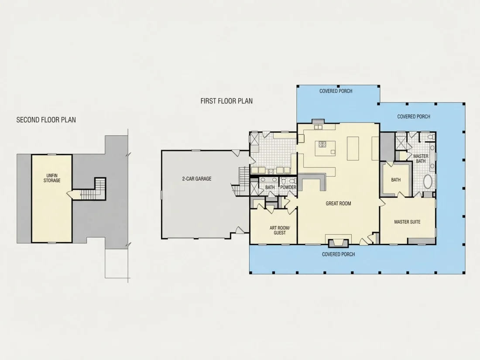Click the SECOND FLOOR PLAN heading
point(46,120)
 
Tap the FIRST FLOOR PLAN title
point(226,101)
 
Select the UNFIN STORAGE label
point(52,178)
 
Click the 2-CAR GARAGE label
point(197,179)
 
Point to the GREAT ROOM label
point(338,204)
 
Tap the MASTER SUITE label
point(407,222)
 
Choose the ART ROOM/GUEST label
point(279,230)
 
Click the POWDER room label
point(288,187)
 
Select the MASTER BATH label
point(421,158)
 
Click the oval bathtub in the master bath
point(428,182)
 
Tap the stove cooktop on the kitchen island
point(322,144)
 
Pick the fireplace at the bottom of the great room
point(338,243)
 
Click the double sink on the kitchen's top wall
point(319,127)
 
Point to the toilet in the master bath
point(431,137)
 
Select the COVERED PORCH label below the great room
point(339,254)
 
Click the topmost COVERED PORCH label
point(336,91)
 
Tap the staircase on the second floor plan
point(93,190)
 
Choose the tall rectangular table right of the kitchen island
point(353,148)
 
